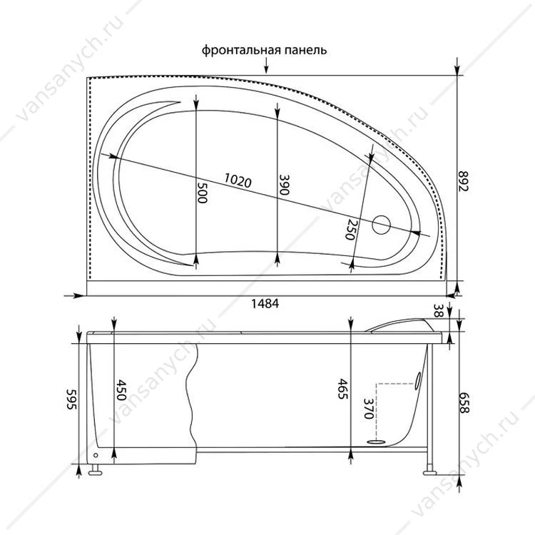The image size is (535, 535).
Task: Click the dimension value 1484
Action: [265, 303]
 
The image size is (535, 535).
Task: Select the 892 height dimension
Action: [463, 181]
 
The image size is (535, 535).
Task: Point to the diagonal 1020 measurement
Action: [238, 180]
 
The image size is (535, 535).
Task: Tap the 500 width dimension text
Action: [202, 193]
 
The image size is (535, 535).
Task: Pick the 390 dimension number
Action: [284, 185]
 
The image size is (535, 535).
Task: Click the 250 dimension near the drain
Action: [352, 229]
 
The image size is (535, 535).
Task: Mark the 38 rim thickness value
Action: [438, 311]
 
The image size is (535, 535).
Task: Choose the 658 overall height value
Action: [463, 403]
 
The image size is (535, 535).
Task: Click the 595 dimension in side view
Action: [72, 399]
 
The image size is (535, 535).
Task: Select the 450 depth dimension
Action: [121, 390]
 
